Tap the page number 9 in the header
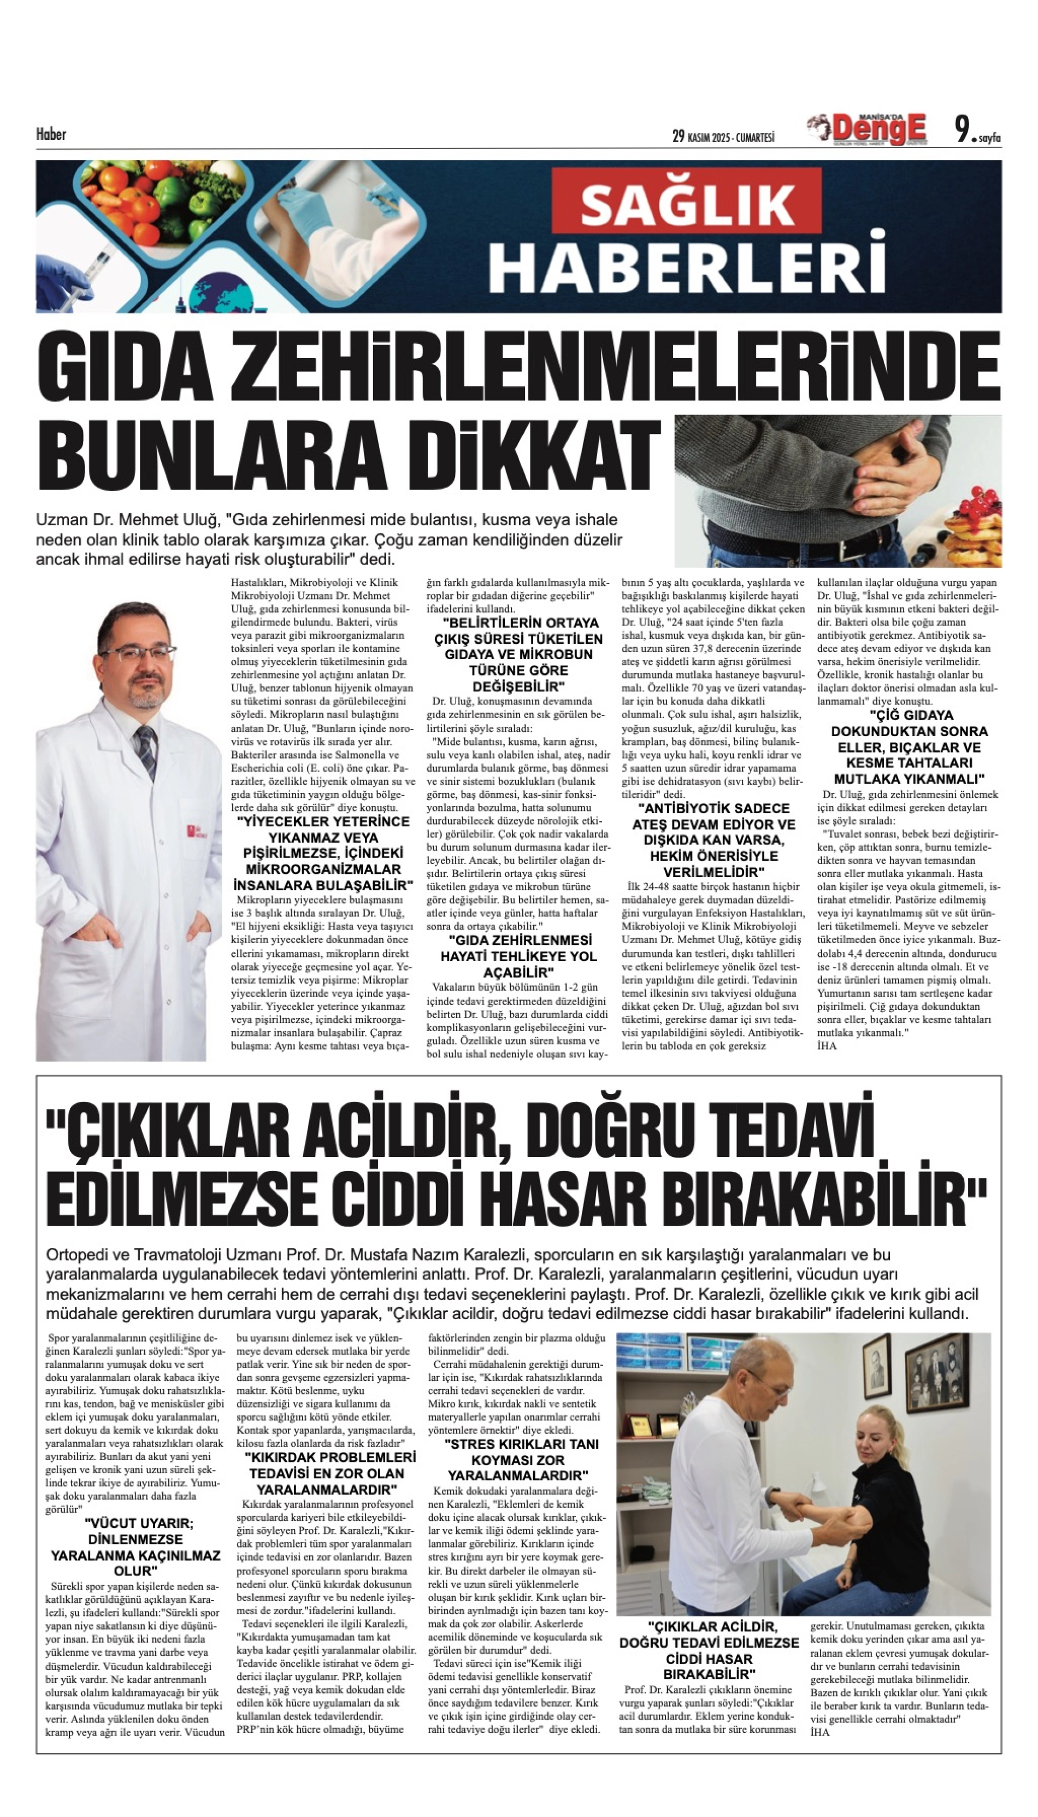963,130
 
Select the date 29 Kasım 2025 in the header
723,136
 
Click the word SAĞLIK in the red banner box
687,204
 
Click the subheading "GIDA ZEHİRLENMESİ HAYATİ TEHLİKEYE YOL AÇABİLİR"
518,956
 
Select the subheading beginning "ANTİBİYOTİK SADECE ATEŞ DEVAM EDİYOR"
713,840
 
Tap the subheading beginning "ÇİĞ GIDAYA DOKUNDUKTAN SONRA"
910,746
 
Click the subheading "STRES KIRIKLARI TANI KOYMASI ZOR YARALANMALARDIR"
518,1459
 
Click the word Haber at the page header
51,134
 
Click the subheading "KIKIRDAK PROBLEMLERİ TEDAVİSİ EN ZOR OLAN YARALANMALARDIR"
329,1473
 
